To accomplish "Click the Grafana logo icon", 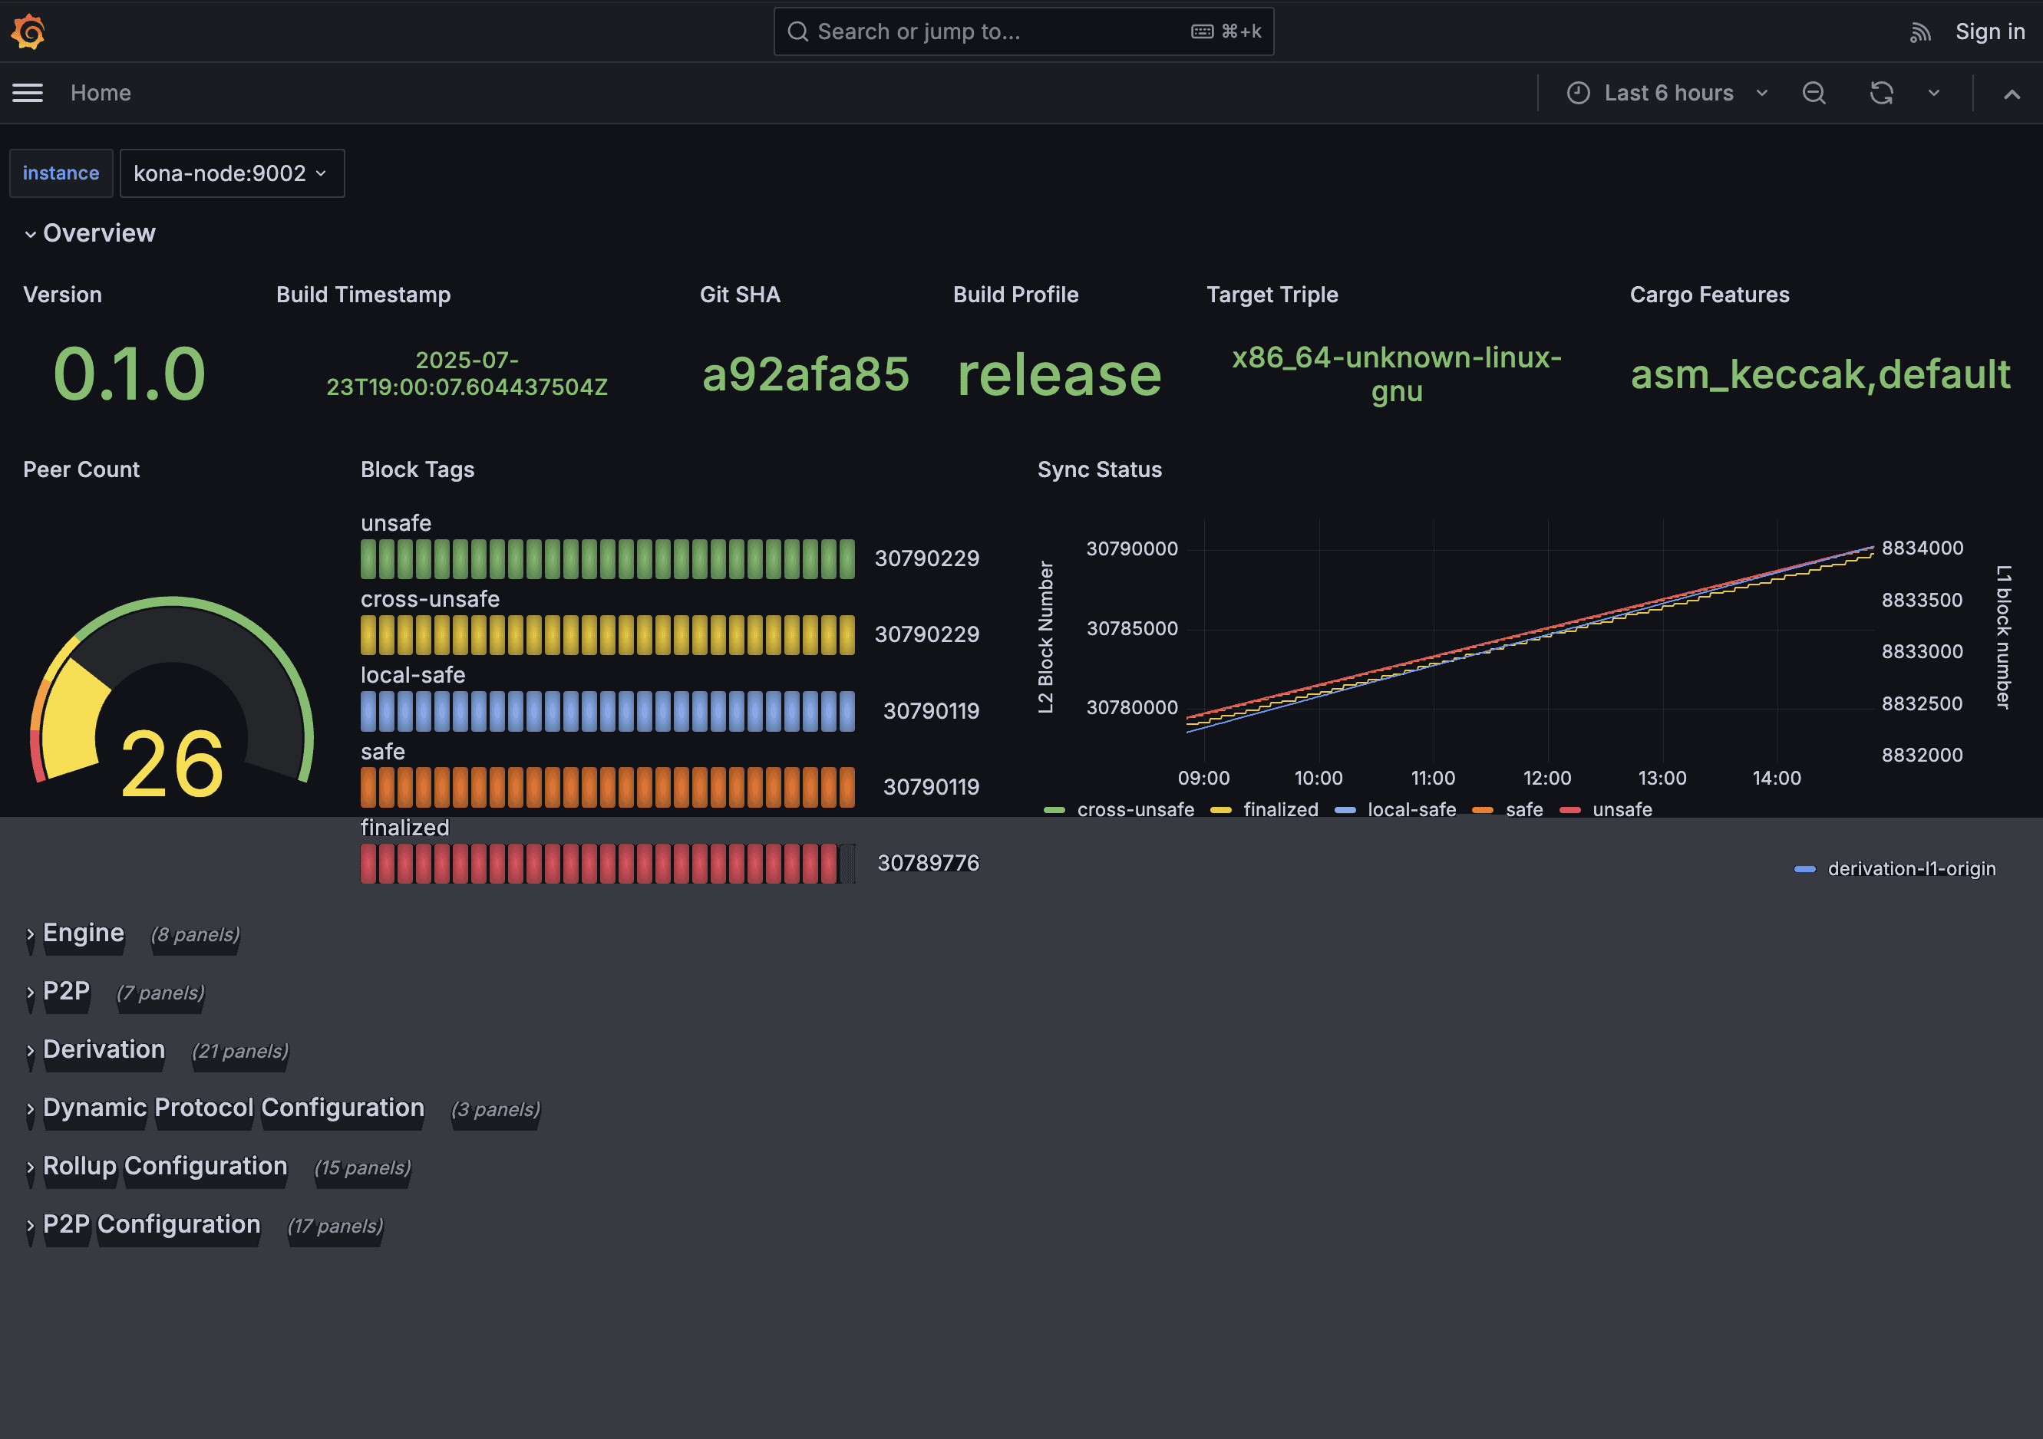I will [28, 32].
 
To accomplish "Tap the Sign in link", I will [1989, 32].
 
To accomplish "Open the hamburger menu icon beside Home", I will [28, 93].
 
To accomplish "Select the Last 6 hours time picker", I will [1668, 93].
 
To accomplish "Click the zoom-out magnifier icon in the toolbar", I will [1814, 93].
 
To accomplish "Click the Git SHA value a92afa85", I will [805, 374].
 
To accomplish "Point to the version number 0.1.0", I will [129, 374].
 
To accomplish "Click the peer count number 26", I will [172, 763].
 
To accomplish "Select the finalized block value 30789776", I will [927, 863].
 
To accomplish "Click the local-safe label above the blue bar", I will [413, 675].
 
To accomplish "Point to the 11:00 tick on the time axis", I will [1433, 779].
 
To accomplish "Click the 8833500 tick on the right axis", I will [1921, 601].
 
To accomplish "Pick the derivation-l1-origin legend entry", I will [1909, 869].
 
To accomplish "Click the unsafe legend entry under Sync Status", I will [1621, 809].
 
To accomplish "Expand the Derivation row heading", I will [104, 1049].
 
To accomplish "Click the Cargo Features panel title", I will [1708, 295].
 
